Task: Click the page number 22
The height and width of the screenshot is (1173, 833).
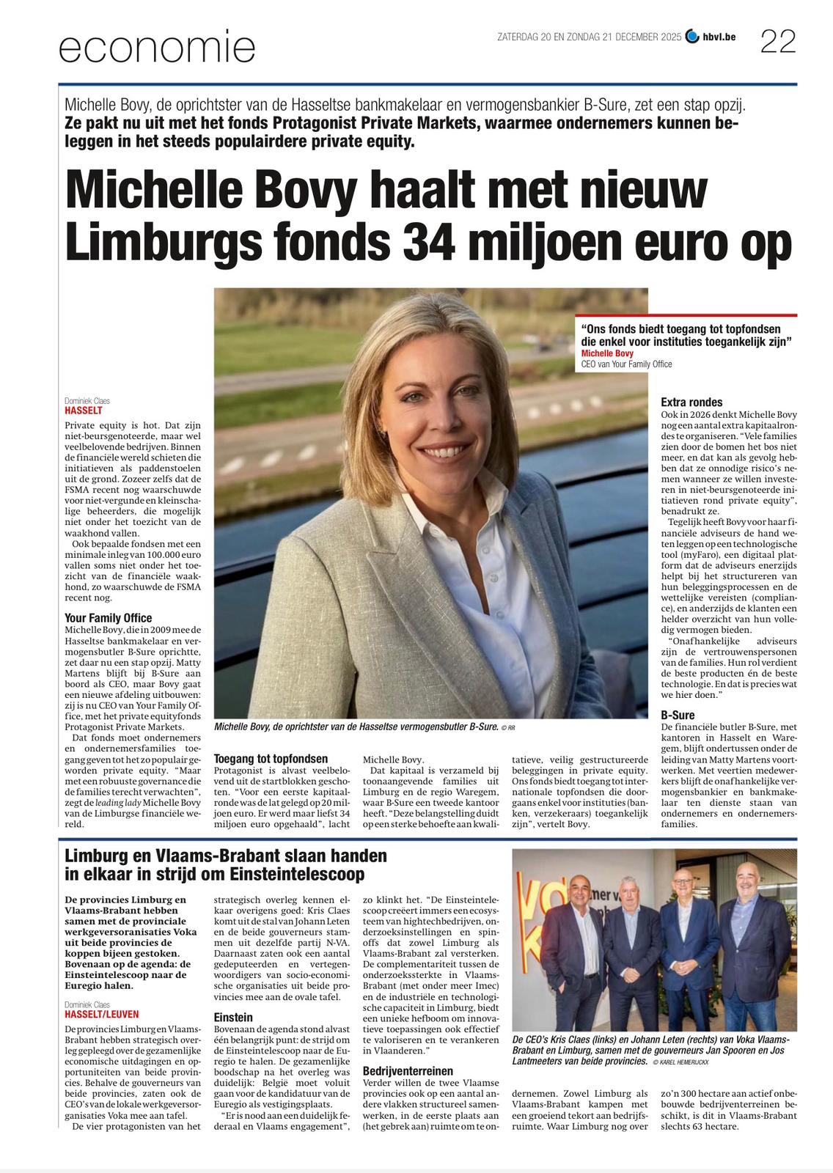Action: pos(778,42)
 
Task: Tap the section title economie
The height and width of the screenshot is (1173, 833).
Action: pos(157,48)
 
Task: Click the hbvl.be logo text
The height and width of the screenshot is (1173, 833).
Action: pos(719,37)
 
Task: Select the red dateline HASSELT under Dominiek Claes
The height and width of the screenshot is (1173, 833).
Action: pos(84,411)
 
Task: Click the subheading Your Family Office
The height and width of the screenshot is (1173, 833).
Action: pos(109,618)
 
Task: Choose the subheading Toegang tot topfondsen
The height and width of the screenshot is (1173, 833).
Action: pos(271,759)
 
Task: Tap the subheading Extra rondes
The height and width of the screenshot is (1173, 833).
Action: pos(691,402)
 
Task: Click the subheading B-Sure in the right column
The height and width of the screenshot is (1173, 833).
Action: pos(678,715)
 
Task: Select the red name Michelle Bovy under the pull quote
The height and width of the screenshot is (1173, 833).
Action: pos(607,353)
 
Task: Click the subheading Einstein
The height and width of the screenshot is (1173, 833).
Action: pos(233,1018)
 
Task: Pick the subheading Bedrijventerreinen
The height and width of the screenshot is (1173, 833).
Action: pos(408,1071)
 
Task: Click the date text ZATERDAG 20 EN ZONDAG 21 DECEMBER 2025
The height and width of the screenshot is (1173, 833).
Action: pos(589,37)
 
